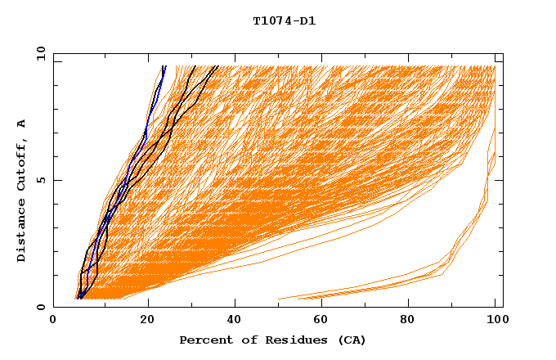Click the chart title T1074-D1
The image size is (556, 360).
[284, 20]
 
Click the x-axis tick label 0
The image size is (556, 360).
[53, 322]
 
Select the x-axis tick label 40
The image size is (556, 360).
[235, 322]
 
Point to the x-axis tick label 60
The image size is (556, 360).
[323, 322]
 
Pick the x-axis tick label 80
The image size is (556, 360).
[411, 322]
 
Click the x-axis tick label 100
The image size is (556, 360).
[495, 322]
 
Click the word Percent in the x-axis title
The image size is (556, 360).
[204, 340]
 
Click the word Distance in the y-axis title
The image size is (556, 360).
[22, 232]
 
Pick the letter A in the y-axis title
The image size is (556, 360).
[22, 123]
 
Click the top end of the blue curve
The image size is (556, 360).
[164, 67]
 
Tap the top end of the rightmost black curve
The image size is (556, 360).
[216, 67]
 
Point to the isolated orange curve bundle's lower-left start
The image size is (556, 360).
[280, 299]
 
